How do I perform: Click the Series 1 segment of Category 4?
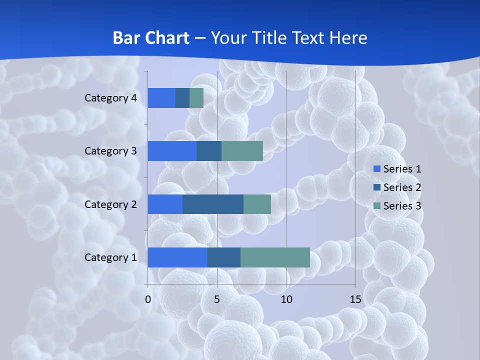tap(161, 98)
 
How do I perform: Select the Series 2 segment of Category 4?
tap(182, 98)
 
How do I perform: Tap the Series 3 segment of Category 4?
tap(196, 98)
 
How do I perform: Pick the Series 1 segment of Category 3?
tap(172, 151)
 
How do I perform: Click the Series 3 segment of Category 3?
tap(242, 151)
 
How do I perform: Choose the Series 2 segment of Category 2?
tap(213, 204)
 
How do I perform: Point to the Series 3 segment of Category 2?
tap(257, 204)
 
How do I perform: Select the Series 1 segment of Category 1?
tap(177, 257)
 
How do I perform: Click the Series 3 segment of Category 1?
tap(275, 257)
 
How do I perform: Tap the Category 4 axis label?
tap(110, 98)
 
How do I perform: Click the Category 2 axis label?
tap(110, 204)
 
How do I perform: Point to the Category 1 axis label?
tap(110, 257)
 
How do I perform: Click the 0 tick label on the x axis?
tap(148, 299)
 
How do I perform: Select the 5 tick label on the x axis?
tap(217, 299)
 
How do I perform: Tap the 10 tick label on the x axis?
tap(286, 299)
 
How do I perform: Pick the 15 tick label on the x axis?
tap(355, 299)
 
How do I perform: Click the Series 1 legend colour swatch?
tap(376, 169)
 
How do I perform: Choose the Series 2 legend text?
tap(402, 187)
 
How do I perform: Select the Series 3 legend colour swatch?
tap(376, 206)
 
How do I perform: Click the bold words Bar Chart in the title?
tap(151, 38)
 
